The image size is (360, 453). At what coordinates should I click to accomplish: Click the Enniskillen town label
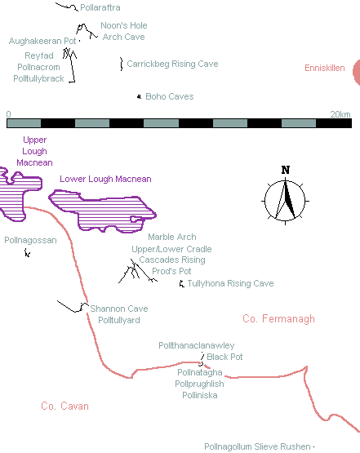(325, 68)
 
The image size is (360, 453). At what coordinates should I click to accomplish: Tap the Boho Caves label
(170, 96)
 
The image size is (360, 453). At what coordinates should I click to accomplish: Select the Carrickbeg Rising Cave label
(172, 64)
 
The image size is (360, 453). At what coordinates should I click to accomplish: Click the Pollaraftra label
(100, 7)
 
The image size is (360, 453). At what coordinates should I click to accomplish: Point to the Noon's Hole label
(124, 25)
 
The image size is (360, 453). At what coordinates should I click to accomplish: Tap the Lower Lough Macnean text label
(105, 179)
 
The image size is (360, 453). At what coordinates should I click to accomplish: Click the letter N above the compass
(286, 170)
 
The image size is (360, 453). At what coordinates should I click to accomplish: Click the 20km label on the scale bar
(340, 114)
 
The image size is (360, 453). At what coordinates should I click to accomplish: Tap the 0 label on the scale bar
(9, 114)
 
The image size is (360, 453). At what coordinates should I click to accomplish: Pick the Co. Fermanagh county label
(279, 318)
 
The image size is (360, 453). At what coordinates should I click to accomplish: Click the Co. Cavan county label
(64, 406)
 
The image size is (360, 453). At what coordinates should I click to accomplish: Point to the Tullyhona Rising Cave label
(230, 283)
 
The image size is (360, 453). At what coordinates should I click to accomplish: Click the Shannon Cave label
(119, 309)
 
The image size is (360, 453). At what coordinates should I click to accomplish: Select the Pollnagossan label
(30, 240)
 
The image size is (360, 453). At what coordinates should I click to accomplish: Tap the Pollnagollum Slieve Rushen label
(257, 446)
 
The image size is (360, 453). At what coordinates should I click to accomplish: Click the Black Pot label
(224, 357)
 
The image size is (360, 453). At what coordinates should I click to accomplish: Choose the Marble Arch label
(172, 237)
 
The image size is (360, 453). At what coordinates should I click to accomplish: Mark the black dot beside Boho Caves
(140, 96)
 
